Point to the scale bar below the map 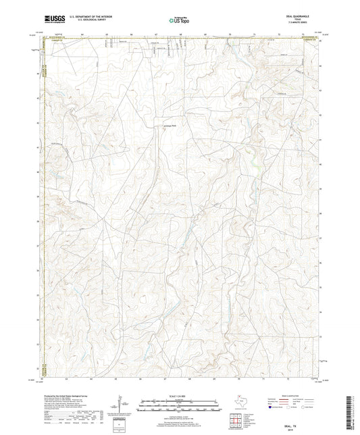pos(179,406)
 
